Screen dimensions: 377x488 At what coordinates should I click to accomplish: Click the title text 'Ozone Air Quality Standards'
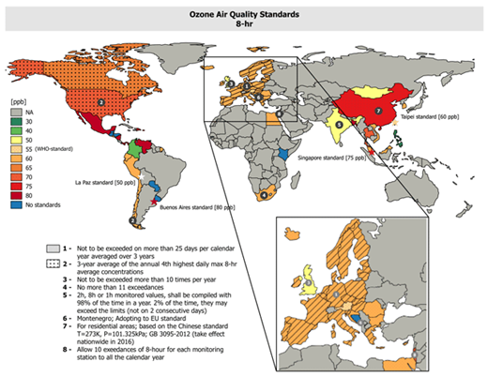click(244, 10)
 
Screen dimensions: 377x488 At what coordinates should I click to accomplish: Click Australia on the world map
click(418, 190)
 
